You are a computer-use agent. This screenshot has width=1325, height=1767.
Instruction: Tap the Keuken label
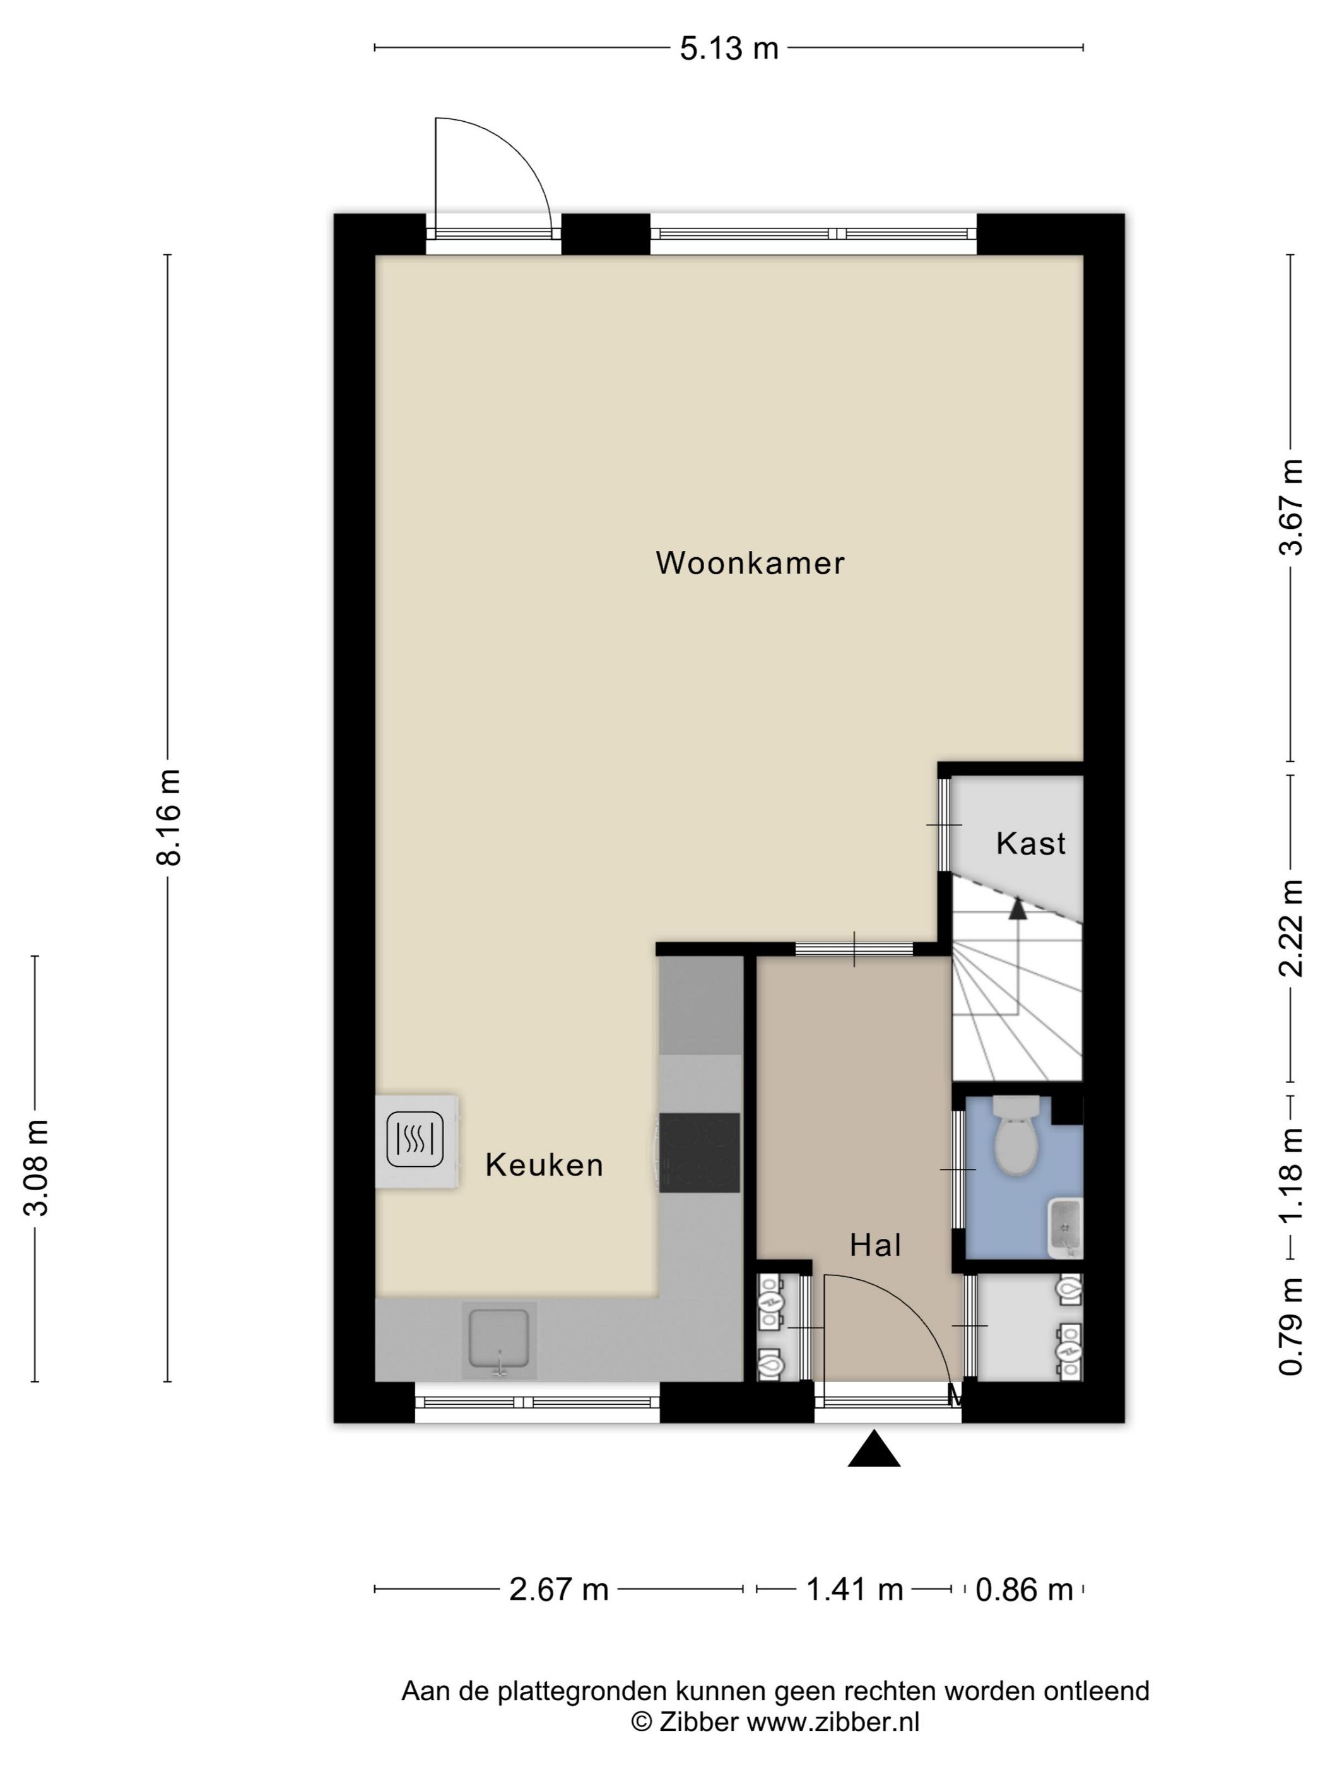click(x=544, y=1166)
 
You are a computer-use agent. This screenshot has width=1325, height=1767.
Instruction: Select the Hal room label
click(x=875, y=1245)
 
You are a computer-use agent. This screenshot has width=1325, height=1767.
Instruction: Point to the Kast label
click(x=1030, y=844)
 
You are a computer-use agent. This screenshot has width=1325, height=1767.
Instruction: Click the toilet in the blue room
click(x=1016, y=1134)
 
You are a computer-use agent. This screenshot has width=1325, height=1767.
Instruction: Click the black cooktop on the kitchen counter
click(x=700, y=1153)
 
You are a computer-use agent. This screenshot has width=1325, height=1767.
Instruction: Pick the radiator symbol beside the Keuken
click(x=416, y=1141)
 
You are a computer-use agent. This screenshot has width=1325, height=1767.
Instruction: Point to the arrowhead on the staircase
click(x=1016, y=908)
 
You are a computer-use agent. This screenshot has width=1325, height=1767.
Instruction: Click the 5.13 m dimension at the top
click(x=728, y=49)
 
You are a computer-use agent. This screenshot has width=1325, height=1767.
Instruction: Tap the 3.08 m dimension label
click(x=37, y=1167)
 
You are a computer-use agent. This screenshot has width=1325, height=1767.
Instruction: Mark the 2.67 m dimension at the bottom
click(x=559, y=1590)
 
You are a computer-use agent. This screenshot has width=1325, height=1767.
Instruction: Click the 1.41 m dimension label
click(x=854, y=1590)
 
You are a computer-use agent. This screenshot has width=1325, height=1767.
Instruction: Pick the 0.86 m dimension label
click(x=1024, y=1590)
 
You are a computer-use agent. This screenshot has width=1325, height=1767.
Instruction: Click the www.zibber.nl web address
click(x=833, y=1722)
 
